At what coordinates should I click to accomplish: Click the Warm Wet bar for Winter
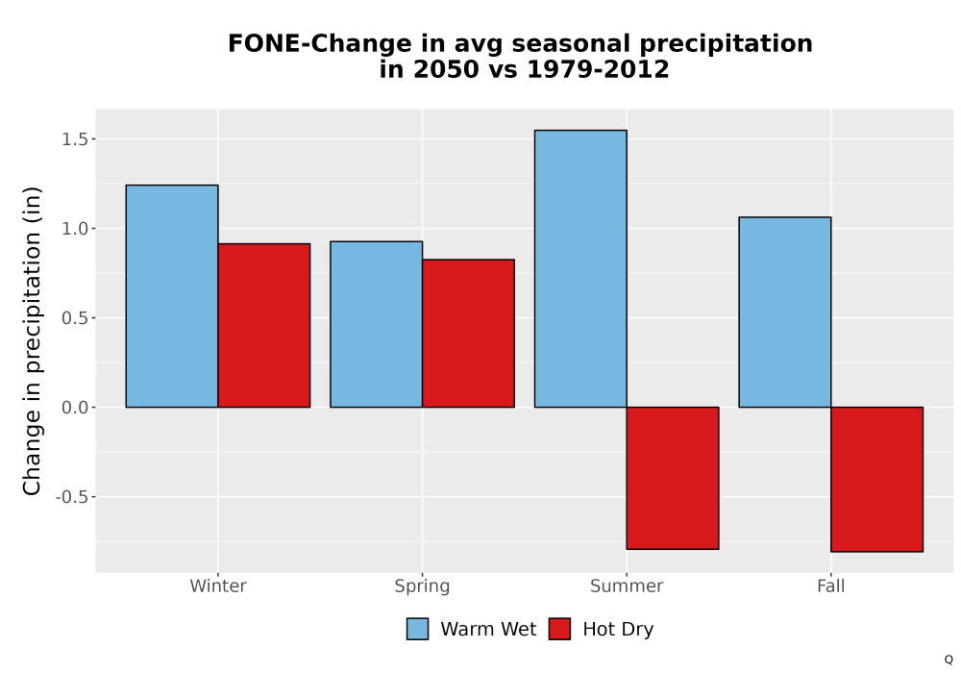(172, 296)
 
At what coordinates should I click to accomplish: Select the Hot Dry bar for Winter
(264, 326)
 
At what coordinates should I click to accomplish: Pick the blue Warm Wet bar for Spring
(377, 324)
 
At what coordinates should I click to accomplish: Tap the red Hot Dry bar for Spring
(468, 334)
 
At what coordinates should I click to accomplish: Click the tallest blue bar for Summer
(580, 268)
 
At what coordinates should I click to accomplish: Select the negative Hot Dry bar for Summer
(673, 478)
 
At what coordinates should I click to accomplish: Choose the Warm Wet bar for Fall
(785, 312)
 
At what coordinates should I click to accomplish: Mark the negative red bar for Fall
(877, 480)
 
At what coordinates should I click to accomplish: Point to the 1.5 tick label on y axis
(75, 139)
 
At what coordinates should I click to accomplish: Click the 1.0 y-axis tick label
(75, 229)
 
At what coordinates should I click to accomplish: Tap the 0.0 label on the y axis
(75, 408)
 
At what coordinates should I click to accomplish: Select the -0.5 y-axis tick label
(72, 497)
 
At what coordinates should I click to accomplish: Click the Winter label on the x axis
(218, 586)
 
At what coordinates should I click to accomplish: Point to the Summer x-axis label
(627, 586)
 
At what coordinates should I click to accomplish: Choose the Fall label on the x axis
(831, 586)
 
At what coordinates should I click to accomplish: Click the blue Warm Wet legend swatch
(417, 629)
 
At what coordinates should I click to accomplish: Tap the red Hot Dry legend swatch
(559, 629)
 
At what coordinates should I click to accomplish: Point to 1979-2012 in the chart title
(598, 69)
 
